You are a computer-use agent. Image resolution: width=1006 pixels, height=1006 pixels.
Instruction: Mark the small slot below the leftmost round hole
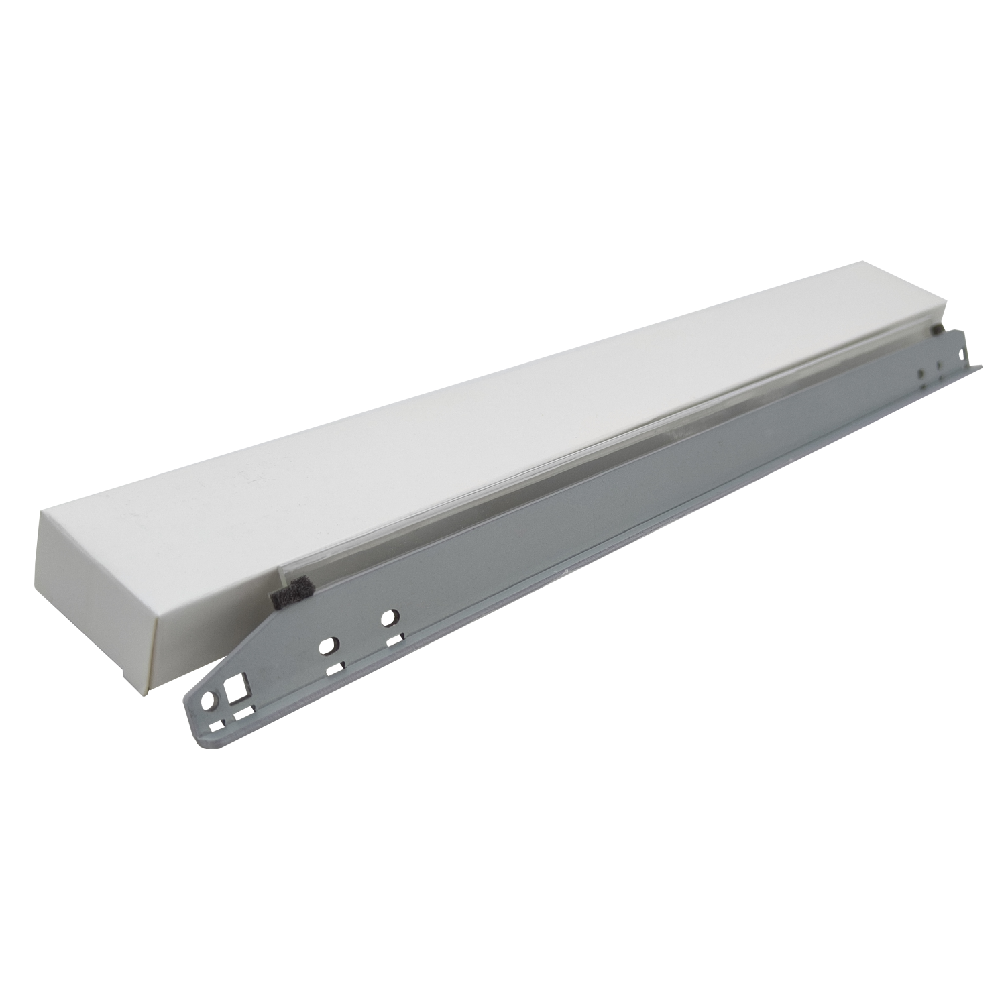pyautogui.click(x=216, y=726)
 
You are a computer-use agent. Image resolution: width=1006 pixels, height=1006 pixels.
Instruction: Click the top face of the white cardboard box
pyautogui.click(x=469, y=429)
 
